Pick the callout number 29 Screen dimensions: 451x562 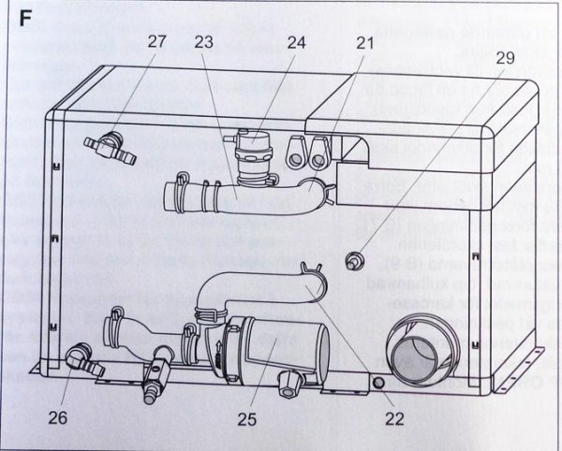[505, 57]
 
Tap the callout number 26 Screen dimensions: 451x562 [57, 417]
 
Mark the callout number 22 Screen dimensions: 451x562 [394, 417]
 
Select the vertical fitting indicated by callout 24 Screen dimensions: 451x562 [251, 150]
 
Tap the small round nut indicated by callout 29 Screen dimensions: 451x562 [354, 259]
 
